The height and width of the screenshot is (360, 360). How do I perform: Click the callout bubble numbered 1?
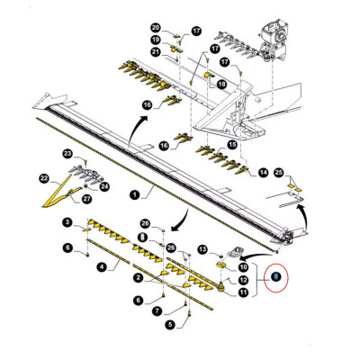click(x=133, y=194)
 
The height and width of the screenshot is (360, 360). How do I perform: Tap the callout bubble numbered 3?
click(x=67, y=222)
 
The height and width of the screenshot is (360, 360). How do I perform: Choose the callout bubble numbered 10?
click(x=243, y=267)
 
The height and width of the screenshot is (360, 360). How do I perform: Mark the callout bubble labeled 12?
click(x=243, y=280)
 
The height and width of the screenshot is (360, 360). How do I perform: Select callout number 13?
click(x=203, y=248)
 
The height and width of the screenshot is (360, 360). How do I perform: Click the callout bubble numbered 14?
click(x=264, y=171)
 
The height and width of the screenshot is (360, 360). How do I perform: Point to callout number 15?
click(x=232, y=144)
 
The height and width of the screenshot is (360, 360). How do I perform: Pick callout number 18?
click(x=221, y=83)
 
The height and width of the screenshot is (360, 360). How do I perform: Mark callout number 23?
click(x=68, y=155)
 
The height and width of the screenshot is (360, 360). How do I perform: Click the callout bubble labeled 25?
click(x=278, y=172)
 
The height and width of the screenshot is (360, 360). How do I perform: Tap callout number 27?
click(x=87, y=197)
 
